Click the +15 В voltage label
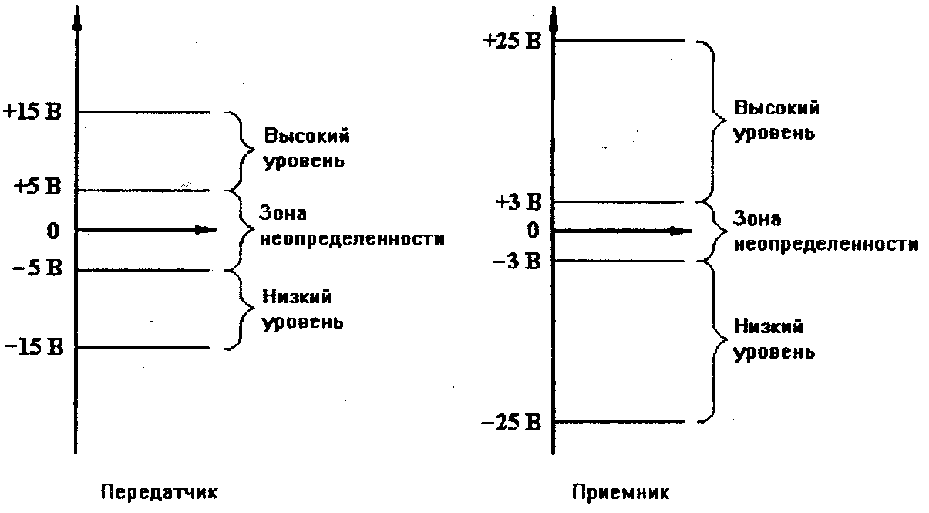35,111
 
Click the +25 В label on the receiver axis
513,41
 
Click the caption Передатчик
159,491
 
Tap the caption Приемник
621,491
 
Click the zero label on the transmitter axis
52,230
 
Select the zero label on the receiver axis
532,230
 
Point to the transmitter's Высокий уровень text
306,149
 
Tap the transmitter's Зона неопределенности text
351,225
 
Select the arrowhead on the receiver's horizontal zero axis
678,230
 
